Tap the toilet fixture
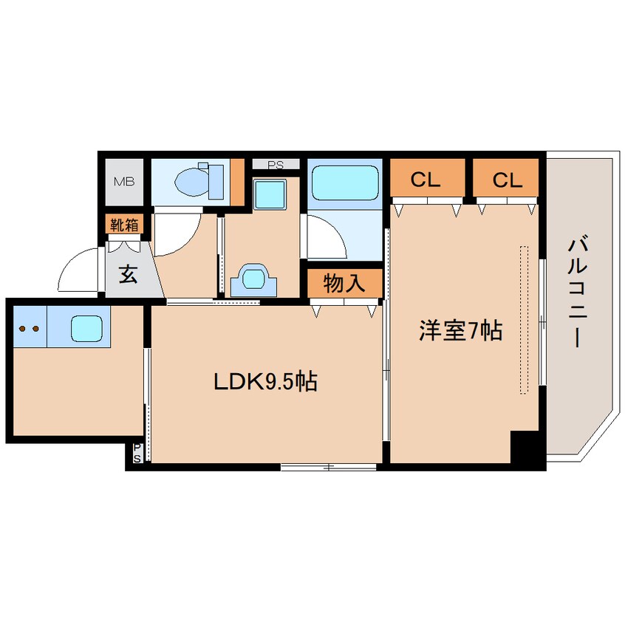pos(197,180)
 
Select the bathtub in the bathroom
pos(344,182)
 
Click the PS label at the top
pos(276,164)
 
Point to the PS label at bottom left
pos(137,454)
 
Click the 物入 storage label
pos(344,284)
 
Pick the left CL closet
pos(426,180)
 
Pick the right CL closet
pos(508,180)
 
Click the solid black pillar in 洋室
pos(526,447)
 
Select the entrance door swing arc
pos(80,271)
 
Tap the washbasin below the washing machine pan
pos(254,279)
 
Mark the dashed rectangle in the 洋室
pos(525,319)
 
